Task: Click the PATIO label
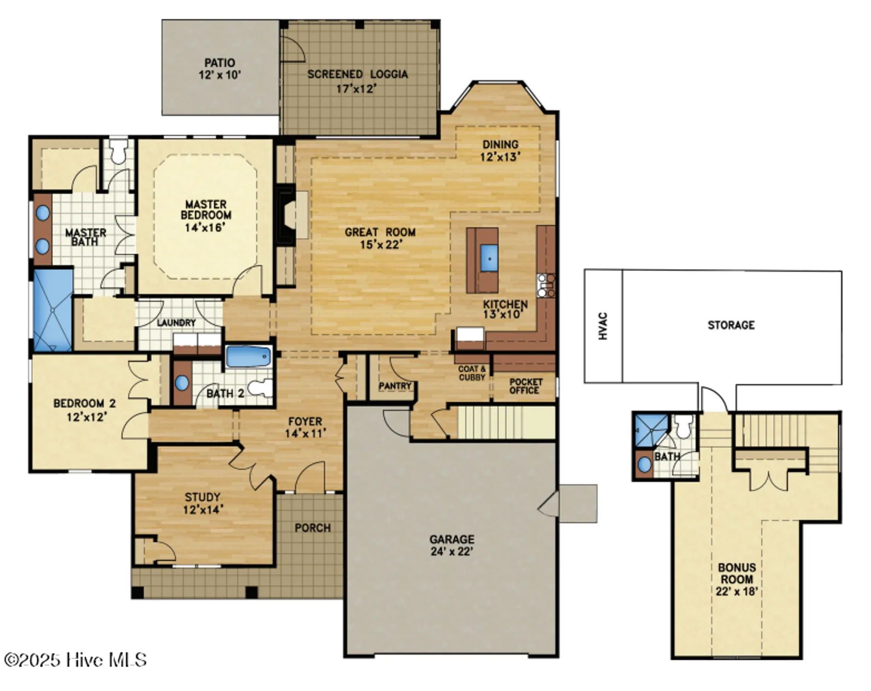tap(220, 63)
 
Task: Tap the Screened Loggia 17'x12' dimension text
tap(357, 89)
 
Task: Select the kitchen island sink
tap(489, 258)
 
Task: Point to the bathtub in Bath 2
tap(248, 357)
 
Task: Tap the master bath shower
tap(53, 310)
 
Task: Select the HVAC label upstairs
tap(603, 326)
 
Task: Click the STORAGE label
tap(731, 325)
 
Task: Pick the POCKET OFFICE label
tap(525, 386)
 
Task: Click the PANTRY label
tap(395, 386)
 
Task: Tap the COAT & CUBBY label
tap(472, 373)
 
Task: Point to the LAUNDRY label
tap(176, 323)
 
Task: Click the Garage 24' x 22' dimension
tap(452, 551)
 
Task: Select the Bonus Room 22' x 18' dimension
tap(737, 591)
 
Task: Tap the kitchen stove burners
tap(546, 286)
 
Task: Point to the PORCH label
tap(312, 528)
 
